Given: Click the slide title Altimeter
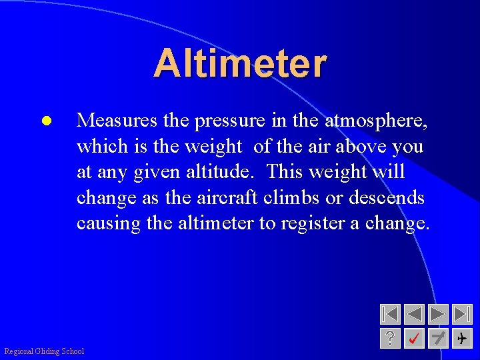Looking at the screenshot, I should point(240,64).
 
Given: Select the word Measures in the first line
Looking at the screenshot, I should point(117,121).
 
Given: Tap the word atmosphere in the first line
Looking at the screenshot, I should point(375,121).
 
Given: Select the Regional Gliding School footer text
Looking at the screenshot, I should point(44,351).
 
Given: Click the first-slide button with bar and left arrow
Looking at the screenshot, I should point(390,314).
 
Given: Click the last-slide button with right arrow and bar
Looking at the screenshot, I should point(462,314).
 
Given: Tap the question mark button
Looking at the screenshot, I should point(390,339).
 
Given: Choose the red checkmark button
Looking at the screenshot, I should point(414,339).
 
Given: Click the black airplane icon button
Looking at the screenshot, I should point(462,339).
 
